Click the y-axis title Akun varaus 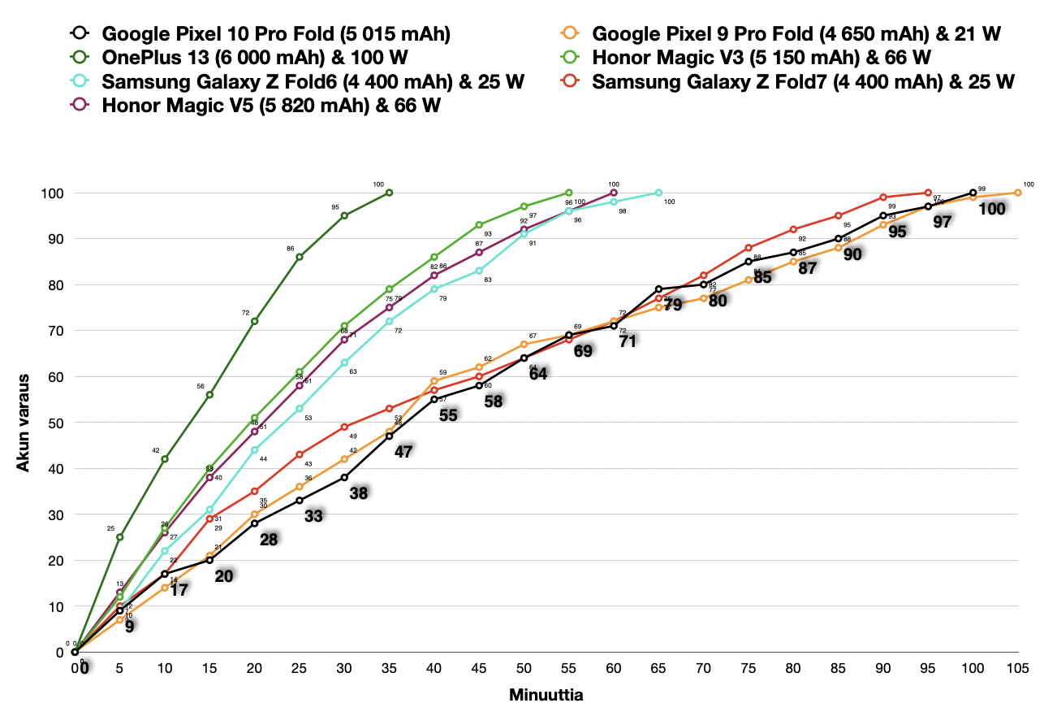point(24,423)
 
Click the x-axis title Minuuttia point(546,696)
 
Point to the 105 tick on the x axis point(1018,668)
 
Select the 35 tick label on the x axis point(389,668)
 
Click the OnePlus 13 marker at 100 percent point(389,193)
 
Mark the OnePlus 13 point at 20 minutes point(254,321)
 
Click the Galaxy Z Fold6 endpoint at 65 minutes point(658,193)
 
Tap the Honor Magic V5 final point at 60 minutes point(614,193)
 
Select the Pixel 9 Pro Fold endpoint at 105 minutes point(1018,193)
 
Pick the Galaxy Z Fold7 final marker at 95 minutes point(928,193)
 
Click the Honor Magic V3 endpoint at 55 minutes point(568,193)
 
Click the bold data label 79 point(673,305)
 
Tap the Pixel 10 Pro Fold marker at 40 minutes point(434,399)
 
